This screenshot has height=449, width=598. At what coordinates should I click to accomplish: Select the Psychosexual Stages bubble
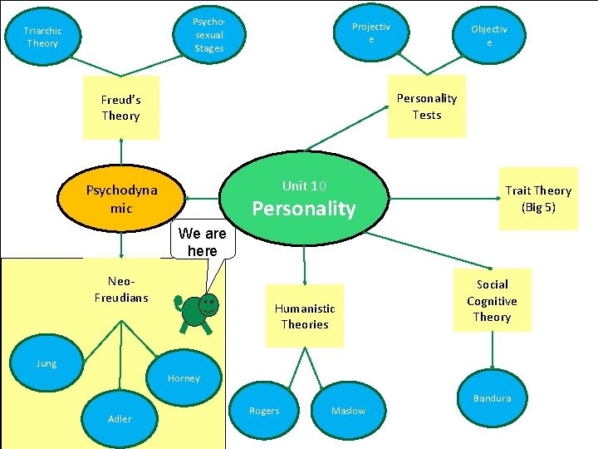click(x=209, y=35)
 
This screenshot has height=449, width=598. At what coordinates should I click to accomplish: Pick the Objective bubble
click(x=489, y=36)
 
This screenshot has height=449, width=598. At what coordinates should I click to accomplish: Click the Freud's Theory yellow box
click(x=121, y=108)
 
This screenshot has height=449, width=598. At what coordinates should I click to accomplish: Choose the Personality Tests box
click(x=427, y=106)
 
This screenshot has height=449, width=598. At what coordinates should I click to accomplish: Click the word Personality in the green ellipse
click(x=304, y=209)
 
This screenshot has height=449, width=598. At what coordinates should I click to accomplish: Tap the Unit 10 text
click(x=304, y=185)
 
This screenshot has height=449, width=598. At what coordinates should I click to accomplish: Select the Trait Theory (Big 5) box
click(x=538, y=199)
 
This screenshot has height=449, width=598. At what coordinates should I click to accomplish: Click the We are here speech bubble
click(x=203, y=243)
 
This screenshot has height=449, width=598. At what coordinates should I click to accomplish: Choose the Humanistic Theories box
click(x=305, y=316)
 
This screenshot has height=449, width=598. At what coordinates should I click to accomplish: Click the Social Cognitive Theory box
click(x=492, y=300)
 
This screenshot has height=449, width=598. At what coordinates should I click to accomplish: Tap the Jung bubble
click(x=47, y=363)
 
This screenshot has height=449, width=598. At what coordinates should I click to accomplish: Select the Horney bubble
click(x=184, y=378)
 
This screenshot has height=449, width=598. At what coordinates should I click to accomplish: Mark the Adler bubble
click(x=120, y=418)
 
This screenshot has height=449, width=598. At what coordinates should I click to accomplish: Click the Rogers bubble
click(x=264, y=411)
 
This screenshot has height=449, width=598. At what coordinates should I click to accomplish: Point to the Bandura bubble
click(x=493, y=398)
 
